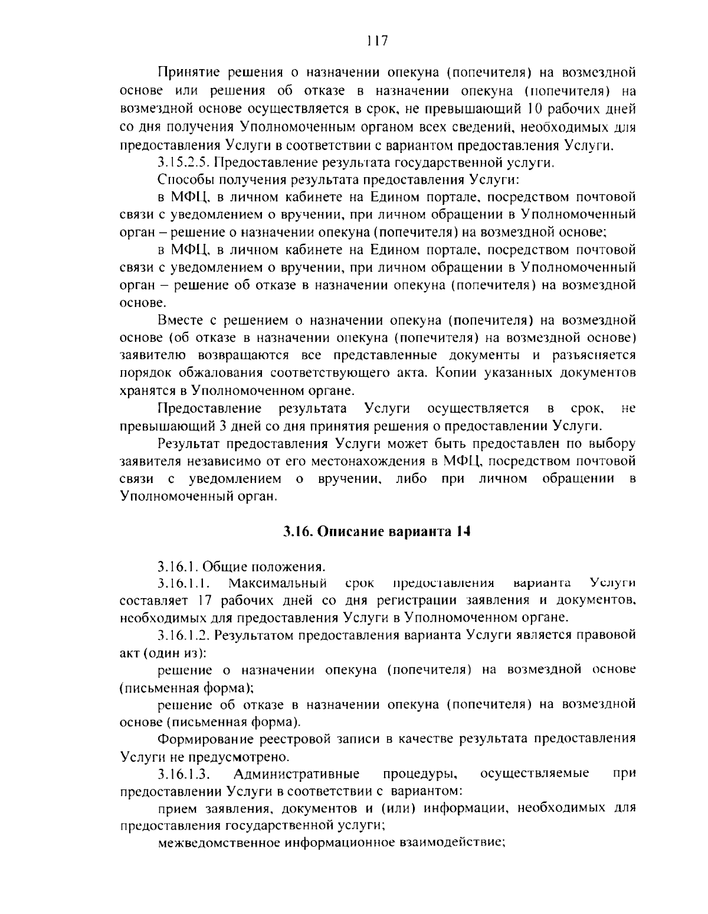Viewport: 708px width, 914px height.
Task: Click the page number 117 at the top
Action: click(x=376, y=41)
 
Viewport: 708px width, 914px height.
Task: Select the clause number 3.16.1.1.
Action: click(x=185, y=583)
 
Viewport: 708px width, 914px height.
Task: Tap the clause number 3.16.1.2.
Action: click(x=185, y=635)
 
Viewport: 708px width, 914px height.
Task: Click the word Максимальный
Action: click(x=278, y=583)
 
